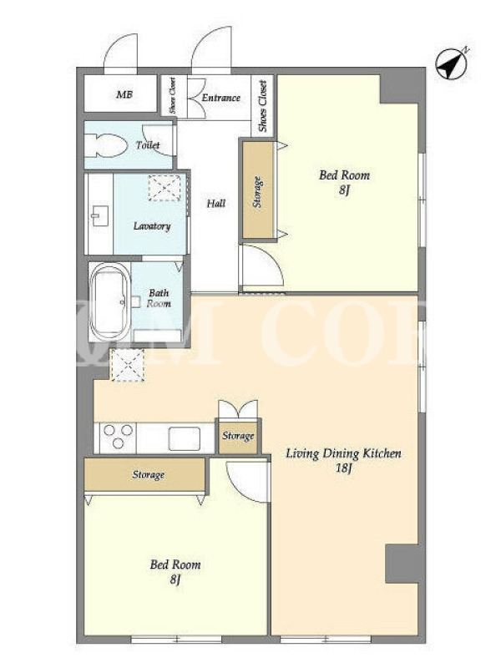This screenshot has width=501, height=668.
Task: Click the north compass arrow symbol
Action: tap(452, 64)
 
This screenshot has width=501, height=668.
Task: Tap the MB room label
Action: tap(124, 94)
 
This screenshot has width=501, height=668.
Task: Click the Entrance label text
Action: tap(220, 98)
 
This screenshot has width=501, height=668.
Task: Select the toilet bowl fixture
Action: tap(106, 144)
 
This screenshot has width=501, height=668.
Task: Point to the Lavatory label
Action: tap(152, 225)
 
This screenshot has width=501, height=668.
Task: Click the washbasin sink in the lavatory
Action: tap(99, 215)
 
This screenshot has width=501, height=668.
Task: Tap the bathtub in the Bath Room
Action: tap(109, 301)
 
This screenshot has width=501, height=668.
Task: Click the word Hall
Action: tap(216, 203)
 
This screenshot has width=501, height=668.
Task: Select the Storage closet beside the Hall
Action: tap(258, 190)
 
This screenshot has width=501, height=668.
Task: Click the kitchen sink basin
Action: tap(184, 438)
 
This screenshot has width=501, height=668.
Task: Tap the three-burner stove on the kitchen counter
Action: tap(118, 437)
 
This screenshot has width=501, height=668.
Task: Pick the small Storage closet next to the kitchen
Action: tap(238, 437)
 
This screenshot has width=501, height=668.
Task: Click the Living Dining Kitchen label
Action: tap(343, 453)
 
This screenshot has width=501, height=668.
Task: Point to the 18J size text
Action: tap(343, 468)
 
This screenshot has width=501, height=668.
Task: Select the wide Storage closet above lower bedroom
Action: tap(144, 474)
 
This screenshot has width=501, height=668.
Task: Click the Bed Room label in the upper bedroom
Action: tap(344, 175)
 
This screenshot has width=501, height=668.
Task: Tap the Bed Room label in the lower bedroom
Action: tap(175, 565)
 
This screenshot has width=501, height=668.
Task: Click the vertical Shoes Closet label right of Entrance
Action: tap(262, 106)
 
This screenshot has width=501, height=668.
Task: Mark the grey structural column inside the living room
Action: tap(402, 564)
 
